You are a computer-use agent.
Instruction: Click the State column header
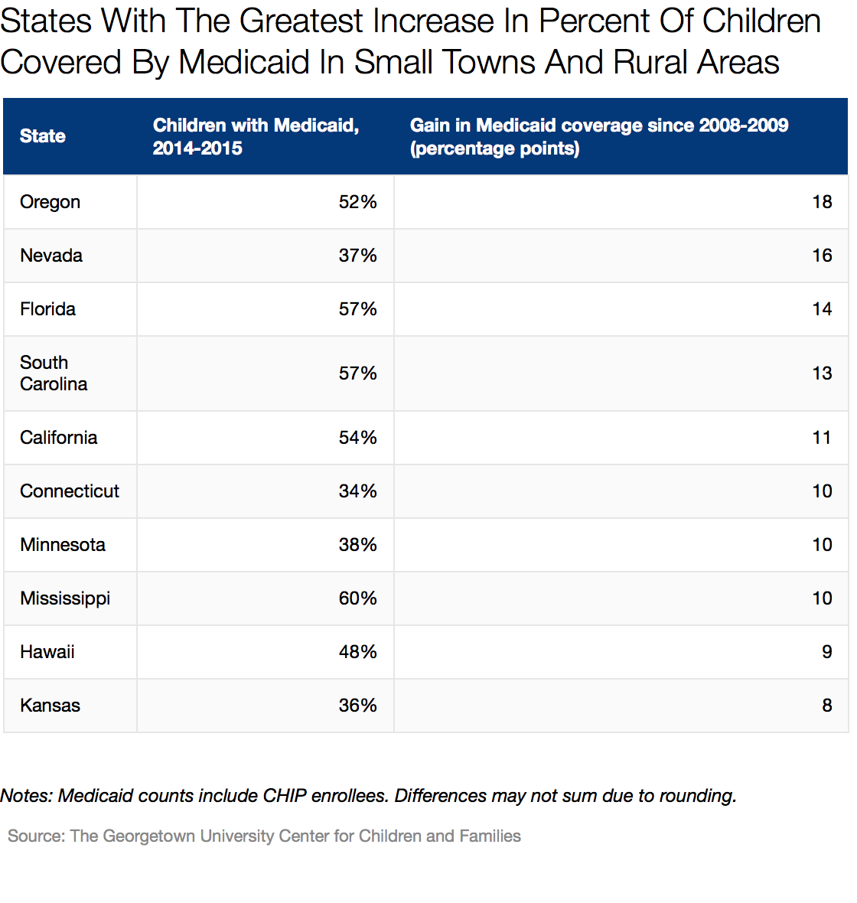point(43,136)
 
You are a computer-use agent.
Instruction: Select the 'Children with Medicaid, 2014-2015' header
point(256,136)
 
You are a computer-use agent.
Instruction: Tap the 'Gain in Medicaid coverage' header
point(598,136)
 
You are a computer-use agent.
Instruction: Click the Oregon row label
point(50,202)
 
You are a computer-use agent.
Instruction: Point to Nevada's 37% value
point(357,256)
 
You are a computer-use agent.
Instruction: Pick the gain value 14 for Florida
point(822,309)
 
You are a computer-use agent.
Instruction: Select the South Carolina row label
point(54,373)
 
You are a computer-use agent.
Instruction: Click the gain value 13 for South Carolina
point(822,373)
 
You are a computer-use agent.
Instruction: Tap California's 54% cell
point(357,438)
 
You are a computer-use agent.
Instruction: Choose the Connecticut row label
point(70,491)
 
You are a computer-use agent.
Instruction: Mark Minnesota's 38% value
point(357,545)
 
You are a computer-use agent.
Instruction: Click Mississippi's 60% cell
point(357,598)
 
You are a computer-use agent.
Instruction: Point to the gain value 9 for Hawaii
point(826,652)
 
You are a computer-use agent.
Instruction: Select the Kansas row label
point(50,706)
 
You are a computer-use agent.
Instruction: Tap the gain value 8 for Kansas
point(826,706)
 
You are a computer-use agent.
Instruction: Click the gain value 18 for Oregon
point(822,202)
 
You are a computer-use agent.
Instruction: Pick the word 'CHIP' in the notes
point(285,796)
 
